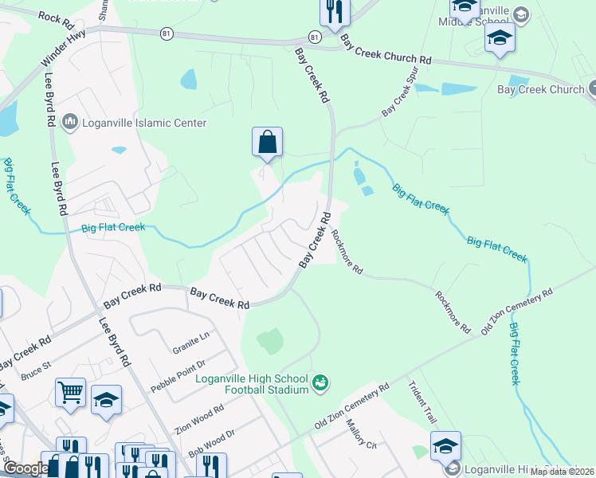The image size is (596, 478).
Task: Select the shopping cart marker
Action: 70,393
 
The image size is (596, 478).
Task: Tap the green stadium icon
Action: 320,383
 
